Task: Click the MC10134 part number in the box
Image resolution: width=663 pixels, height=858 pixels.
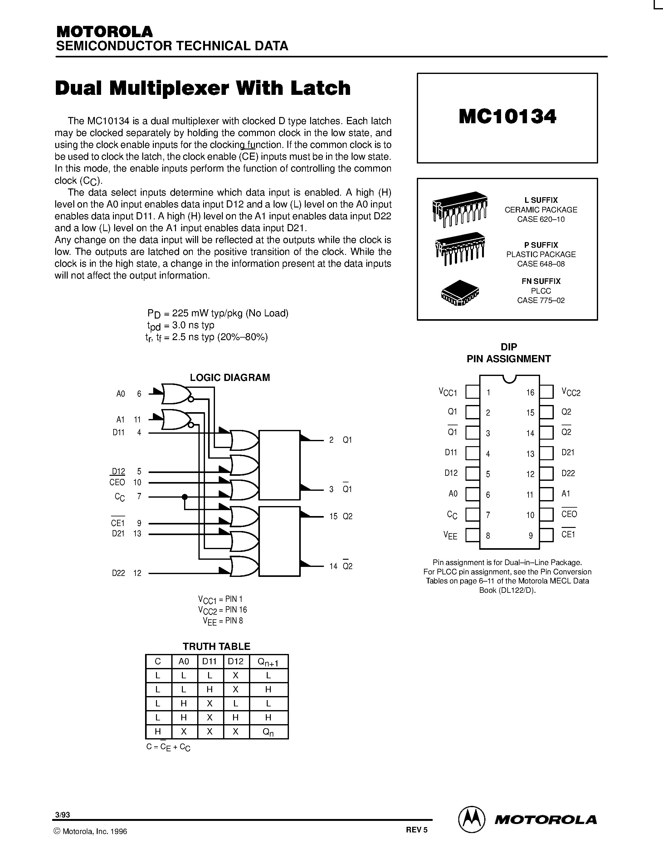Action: pos(507,117)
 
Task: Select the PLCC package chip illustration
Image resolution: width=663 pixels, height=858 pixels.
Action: pos(460,293)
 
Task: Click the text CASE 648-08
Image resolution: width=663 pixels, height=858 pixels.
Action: pos(540,264)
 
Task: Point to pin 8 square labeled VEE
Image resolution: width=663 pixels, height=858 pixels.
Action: pos(472,535)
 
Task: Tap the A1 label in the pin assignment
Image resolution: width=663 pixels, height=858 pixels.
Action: pos(566,494)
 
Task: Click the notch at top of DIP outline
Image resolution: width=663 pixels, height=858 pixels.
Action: pos(509,379)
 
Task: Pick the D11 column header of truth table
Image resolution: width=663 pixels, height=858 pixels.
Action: pos(209,661)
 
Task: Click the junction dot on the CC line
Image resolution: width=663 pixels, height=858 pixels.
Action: pos(185,497)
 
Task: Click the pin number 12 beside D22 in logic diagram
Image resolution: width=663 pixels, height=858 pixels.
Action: pos(137,573)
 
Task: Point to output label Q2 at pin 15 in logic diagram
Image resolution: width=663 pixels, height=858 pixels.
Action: pos(347,517)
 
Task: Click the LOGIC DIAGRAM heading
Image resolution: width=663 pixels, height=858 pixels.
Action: pos(230,378)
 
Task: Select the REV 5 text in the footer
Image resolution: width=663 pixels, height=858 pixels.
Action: pos(416,830)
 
